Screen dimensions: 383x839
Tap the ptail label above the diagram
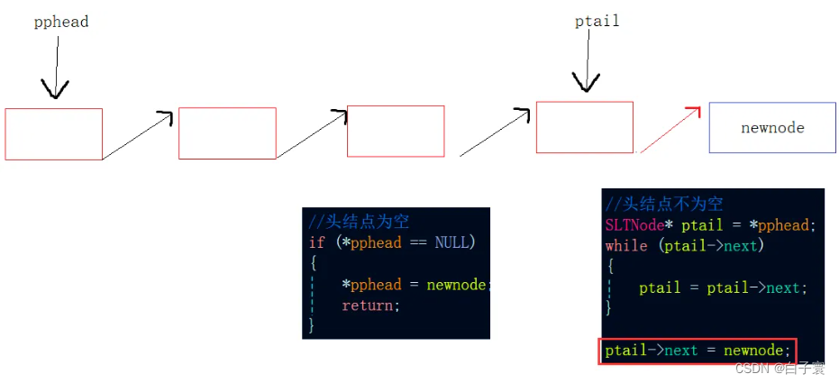click(x=597, y=20)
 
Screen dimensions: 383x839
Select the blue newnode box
click(x=772, y=127)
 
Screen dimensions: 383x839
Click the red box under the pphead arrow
click(x=54, y=134)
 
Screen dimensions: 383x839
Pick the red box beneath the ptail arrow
click(x=584, y=127)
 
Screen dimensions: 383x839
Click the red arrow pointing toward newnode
click(x=670, y=129)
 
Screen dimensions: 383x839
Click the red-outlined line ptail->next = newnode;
click(x=697, y=350)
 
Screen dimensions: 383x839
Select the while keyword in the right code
click(x=626, y=245)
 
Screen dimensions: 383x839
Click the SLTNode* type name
click(x=639, y=224)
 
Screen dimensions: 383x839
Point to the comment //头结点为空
click(x=359, y=222)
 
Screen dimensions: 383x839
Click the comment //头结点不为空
click(x=664, y=204)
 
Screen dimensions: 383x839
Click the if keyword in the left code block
click(x=316, y=242)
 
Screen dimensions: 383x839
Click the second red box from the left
click(x=227, y=133)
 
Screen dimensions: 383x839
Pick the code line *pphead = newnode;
click(x=415, y=285)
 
